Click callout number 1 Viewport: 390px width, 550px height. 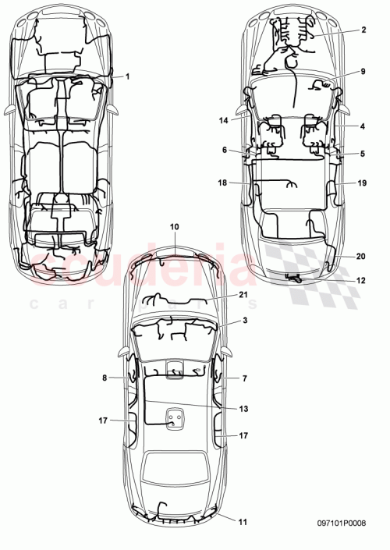click(x=128, y=76)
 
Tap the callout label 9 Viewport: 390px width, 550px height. click(x=363, y=72)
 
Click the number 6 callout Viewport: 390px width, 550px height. click(x=225, y=150)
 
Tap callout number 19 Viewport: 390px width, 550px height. click(x=363, y=183)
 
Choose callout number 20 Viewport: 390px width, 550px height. click(x=363, y=256)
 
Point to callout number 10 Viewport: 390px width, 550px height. click(x=174, y=226)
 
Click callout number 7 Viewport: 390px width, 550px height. click(x=244, y=378)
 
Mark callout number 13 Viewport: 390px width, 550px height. click(x=243, y=407)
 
